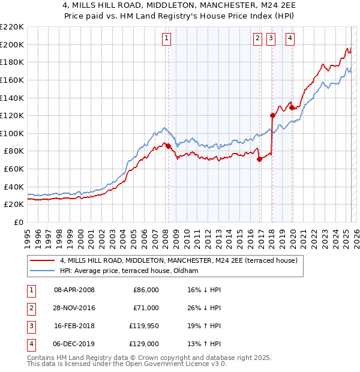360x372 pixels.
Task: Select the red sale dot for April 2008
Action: (168, 146)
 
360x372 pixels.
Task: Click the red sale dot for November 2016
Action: (260, 159)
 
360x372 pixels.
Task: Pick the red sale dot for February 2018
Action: (272, 115)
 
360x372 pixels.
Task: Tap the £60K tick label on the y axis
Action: (13, 169)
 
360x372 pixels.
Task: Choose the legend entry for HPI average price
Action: (129, 271)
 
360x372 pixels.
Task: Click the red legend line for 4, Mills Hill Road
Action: (42, 261)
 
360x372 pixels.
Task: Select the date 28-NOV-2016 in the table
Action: (74, 307)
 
